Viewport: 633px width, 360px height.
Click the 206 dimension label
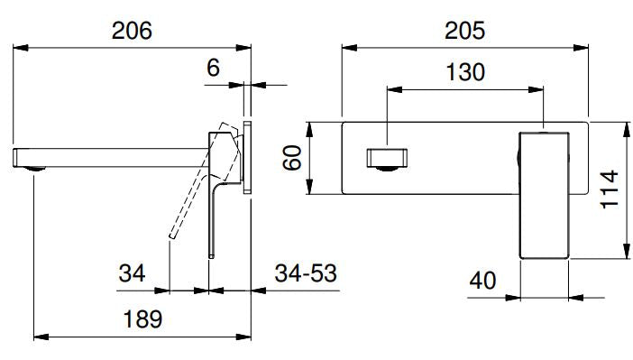(x=132, y=31)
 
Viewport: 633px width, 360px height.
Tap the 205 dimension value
(x=464, y=31)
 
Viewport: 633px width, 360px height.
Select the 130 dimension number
(x=465, y=72)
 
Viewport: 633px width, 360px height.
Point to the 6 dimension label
(x=213, y=68)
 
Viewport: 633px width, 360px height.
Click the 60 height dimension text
(x=292, y=158)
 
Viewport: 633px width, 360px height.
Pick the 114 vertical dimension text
(x=610, y=189)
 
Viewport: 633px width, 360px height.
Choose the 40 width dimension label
(x=482, y=280)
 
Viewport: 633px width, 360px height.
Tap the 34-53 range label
(x=306, y=273)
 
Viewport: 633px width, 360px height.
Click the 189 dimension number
(x=142, y=319)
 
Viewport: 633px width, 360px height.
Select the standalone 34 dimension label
(x=132, y=273)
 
